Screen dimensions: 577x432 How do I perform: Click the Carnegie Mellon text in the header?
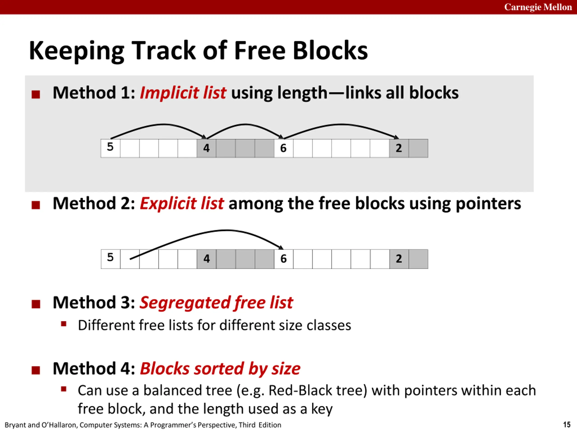click(538, 7)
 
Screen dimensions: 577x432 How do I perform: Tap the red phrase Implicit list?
click(183, 93)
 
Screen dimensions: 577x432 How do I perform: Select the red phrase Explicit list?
click(182, 203)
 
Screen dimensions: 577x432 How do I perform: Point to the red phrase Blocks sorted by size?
click(220, 369)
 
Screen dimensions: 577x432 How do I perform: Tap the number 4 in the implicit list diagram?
click(206, 148)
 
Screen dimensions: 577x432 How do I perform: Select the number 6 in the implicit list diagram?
click(283, 148)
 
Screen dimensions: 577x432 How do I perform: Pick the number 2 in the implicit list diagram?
click(398, 148)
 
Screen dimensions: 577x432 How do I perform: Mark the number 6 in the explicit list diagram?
click(283, 259)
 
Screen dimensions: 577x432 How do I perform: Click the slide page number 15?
click(567, 425)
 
